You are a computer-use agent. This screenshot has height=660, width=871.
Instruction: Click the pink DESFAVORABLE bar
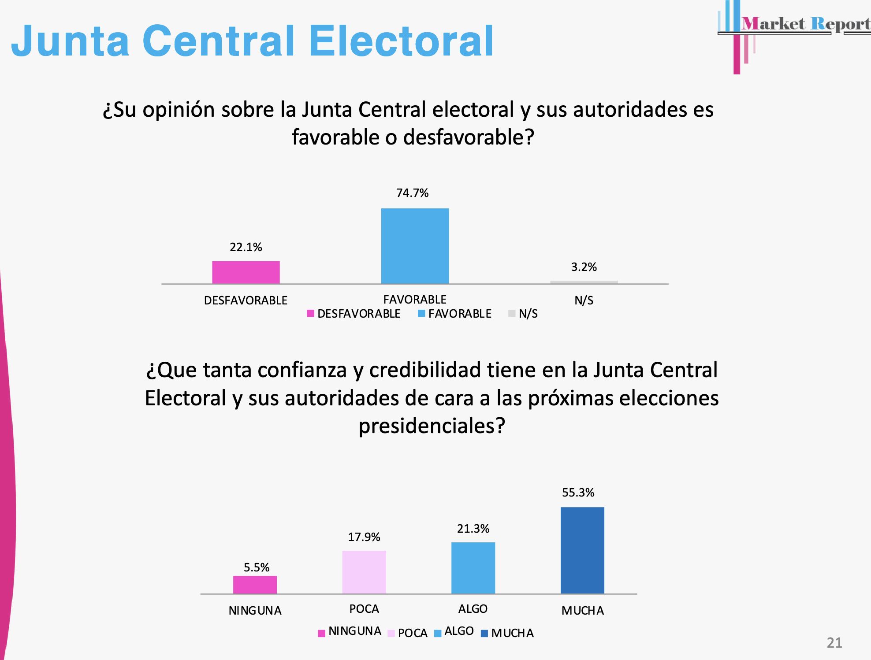click(246, 272)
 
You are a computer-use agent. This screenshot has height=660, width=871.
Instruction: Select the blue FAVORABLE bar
click(415, 246)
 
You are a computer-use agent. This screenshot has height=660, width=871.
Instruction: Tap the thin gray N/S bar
click(584, 282)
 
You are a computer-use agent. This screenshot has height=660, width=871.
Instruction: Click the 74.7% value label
click(412, 193)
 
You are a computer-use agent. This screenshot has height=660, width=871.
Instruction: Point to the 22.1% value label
click(246, 247)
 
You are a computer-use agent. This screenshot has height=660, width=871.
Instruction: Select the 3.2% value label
click(584, 267)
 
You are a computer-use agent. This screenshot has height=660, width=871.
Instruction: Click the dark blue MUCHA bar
click(582, 550)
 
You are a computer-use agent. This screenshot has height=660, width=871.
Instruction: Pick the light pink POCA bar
click(364, 572)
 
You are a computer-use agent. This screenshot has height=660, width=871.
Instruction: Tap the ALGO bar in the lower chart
click(473, 568)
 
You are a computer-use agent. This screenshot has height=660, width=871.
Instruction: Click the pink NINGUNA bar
click(255, 585)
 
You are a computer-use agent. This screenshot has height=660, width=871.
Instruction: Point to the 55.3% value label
click(578, 493)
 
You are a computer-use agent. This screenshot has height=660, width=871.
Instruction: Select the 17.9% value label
click(364, 537)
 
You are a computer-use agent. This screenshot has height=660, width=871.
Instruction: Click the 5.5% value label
click(257, 567)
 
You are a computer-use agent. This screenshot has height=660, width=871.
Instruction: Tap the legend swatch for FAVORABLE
click(421, 314)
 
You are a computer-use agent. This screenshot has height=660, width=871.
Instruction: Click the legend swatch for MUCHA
click(484, 634)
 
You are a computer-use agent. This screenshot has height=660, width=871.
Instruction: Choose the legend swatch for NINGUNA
click(321, 634)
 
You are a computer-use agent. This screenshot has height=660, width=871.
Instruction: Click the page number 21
click(834, 643)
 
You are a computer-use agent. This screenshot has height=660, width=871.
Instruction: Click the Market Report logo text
click(806, 24)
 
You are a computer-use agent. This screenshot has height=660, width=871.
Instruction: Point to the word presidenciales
click(432, 426)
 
